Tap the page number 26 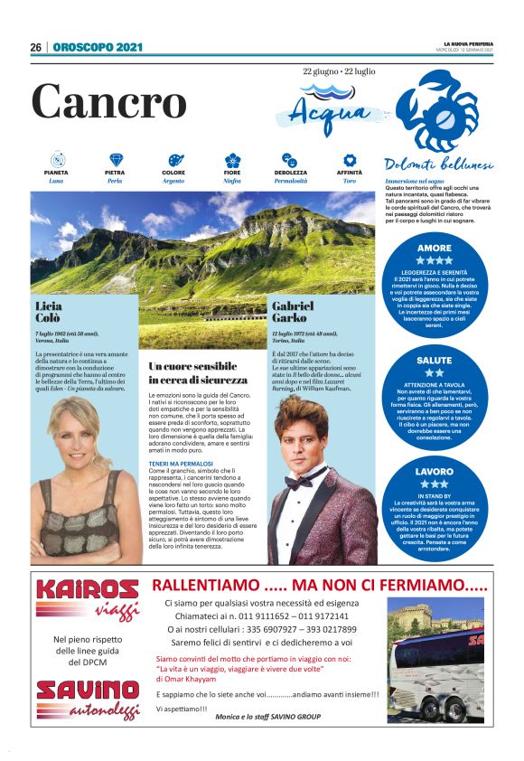(35, 47)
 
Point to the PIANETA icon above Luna (55, 160)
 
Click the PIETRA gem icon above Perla (115, 160)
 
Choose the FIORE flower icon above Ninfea (232, 160)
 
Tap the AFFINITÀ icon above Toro (349, 160)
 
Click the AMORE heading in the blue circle (435, 248)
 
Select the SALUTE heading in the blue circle (435, 361)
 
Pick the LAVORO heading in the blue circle (435, 472)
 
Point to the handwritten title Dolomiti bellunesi (437, 165)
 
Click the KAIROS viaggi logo (87, 597)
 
